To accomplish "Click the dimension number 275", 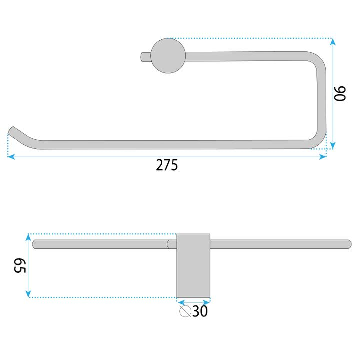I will pyautogui.click(x=167, y=165).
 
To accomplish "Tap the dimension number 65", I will pyautogui.click(x=19, y=265).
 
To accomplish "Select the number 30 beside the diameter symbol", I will pyautogui.click(x=200, y=312).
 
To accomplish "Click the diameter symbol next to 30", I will pyautogui.click(x=185, y=312).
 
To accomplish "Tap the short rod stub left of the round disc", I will pyautogui.click(x=145, y=57).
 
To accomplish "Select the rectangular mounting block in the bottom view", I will pyautogui.click(x=193, y=265).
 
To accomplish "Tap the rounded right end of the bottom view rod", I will pyautogui.click(x=348, y=244).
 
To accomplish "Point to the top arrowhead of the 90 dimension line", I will pyautogui.click(x=333, y=42).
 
